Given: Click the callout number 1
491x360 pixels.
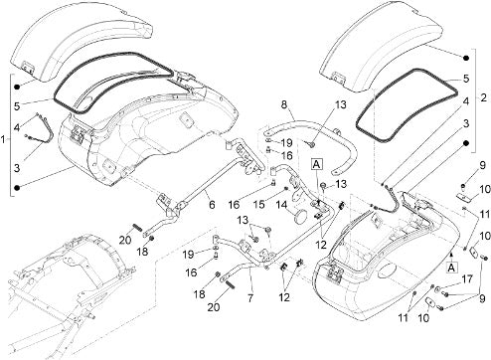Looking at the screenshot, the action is click(x=3, y=140).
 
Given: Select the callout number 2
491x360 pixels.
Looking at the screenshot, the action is click(x=484, y=97).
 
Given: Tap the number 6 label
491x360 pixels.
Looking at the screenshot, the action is click(x=212, y=205).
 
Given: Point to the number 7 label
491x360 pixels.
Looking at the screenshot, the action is click(x=250, y=298).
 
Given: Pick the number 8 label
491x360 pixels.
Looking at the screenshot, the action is click(x=283, y=104).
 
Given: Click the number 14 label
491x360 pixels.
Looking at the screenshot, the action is click(x=281, y=206).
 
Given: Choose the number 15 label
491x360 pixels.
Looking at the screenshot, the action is click(x=259, y=205).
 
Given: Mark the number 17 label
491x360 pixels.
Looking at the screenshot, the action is click(x=467, y=279).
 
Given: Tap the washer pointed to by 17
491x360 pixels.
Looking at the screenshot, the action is click(x=438, y=288).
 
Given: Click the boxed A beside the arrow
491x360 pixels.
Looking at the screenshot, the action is click(x=451, y=268).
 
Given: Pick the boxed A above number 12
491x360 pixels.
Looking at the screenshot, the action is click(x=317, y=164).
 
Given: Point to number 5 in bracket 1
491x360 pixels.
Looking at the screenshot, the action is click(x=17, y=106).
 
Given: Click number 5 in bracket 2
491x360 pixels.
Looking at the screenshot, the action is click(x=466, y=79).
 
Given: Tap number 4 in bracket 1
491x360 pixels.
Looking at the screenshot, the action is click(x=17, y=126).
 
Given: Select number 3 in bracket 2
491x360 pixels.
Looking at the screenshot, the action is click(x=466, y=124).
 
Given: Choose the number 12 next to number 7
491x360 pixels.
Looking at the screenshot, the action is click(x=284, y=297).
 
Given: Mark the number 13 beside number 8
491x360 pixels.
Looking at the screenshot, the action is click(x=340, y=104).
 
